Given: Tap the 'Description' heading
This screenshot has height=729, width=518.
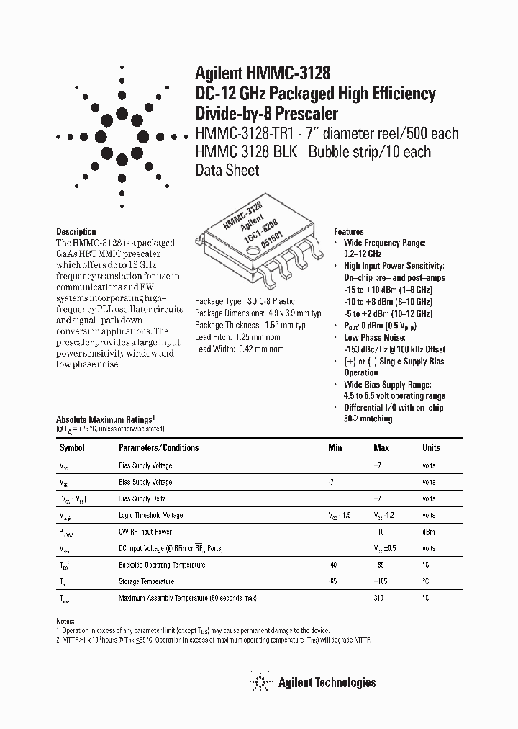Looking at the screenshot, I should [x=76, y=232].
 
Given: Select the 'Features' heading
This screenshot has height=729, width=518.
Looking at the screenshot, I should [x=349, y=232].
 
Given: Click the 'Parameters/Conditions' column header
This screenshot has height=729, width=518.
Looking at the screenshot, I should [x=158, y=447].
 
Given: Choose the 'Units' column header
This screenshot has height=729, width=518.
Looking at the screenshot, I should [x=431, y=447].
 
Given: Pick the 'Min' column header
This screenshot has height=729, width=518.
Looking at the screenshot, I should [x=335, y=447].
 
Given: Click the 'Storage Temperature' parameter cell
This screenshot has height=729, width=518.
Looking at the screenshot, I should [x=147, y=581].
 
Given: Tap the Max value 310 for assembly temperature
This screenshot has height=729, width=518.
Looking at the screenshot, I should [x=379, y=598].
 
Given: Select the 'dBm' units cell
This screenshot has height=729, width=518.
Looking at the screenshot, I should [x=430, y=532].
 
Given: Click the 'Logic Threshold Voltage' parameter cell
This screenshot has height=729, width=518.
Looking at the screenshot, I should [x=150, y=515].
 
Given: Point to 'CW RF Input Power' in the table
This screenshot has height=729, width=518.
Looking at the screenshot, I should [x=145, y=532].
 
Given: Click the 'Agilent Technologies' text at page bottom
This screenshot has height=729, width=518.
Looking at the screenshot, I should [x=327, y=682].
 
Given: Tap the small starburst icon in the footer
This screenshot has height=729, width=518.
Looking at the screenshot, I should [x=260, y=681].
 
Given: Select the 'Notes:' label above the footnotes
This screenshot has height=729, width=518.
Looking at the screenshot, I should [x=65, y=621].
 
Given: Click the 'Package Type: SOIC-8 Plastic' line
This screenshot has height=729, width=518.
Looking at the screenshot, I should [x=245, y=301].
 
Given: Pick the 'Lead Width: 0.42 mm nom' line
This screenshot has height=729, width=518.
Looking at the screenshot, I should [x=240, y=349].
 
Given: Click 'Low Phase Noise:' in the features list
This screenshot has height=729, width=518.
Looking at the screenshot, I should [x=375, y=337].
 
